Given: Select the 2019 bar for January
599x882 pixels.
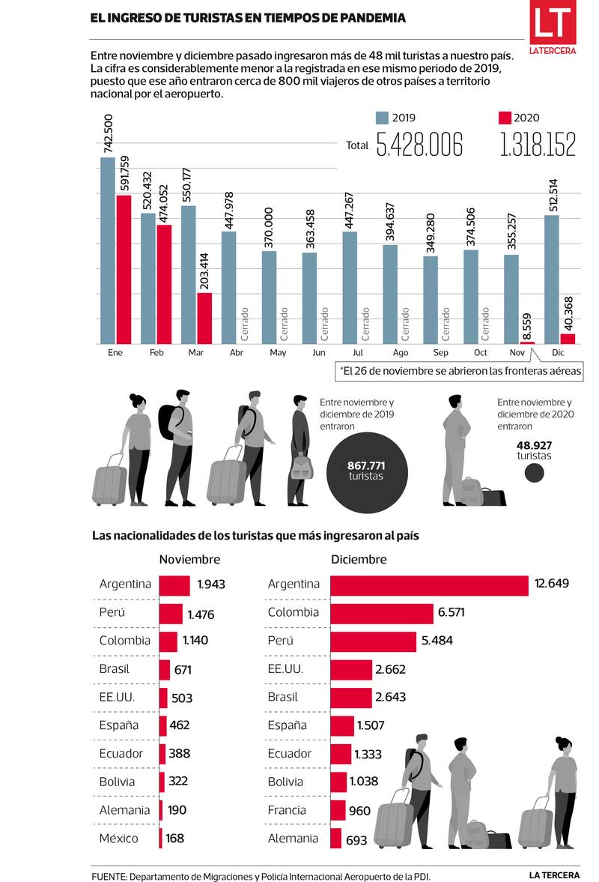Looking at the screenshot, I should [x=108, y=250].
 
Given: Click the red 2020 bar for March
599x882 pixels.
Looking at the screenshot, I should [x=204, y=318].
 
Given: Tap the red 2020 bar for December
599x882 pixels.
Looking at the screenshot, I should [x=568, y=339].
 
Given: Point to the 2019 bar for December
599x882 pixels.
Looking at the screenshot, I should [x=551, y=279].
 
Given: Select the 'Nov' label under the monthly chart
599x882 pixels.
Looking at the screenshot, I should [x=516, y=353].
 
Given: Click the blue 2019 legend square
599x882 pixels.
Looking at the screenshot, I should [x=382, y=118].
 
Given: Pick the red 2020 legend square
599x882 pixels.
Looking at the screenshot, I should [x=504, y=118].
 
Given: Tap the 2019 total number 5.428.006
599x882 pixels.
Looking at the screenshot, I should [x=419, y=145].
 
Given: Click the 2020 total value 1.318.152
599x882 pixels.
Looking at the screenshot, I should [x=538, y=145].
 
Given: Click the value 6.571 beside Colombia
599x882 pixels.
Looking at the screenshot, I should [x=452, y=613].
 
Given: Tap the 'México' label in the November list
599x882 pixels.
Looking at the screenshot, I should [x=118, y=839].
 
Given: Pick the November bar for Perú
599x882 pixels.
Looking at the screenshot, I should [x=171, y=614].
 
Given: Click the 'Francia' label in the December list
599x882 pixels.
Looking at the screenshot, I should [x=287, y=810].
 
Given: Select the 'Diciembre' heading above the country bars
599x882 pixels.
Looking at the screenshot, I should [x=359, y=560].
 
